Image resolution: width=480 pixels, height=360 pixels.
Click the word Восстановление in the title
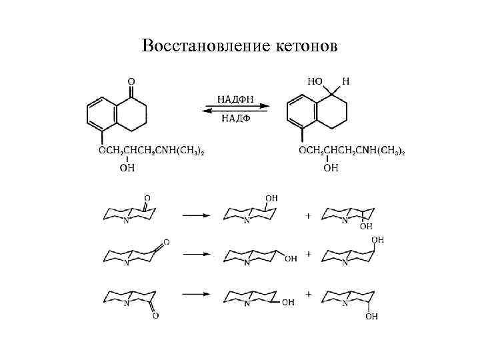coord(198,46)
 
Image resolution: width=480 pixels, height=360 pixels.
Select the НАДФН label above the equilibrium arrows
coord(235,98)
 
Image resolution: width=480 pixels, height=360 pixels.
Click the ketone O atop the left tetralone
coord(131,83)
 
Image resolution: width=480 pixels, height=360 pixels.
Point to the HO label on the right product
coord(315,81)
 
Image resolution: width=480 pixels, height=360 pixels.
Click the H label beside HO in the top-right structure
coord(345,81)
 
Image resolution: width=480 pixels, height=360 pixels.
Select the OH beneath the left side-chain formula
coord(127,168)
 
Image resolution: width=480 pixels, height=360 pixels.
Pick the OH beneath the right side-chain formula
coord(331,168)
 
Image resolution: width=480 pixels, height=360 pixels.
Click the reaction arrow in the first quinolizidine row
coord(197,215)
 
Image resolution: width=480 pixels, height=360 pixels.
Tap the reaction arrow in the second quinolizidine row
coord(197,255)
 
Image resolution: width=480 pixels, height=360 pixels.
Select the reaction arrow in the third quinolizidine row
coord(197,294)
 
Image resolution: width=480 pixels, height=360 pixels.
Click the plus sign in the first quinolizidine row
coord(308,215)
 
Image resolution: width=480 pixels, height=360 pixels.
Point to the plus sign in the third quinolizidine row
coord(308,294)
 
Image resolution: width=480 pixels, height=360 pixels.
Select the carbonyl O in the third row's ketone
coord(155,315)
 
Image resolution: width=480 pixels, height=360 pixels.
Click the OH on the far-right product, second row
coord(377,239)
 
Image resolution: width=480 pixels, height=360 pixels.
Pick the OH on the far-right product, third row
coord(371,316)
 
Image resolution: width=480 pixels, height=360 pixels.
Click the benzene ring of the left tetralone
coord(101,113)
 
